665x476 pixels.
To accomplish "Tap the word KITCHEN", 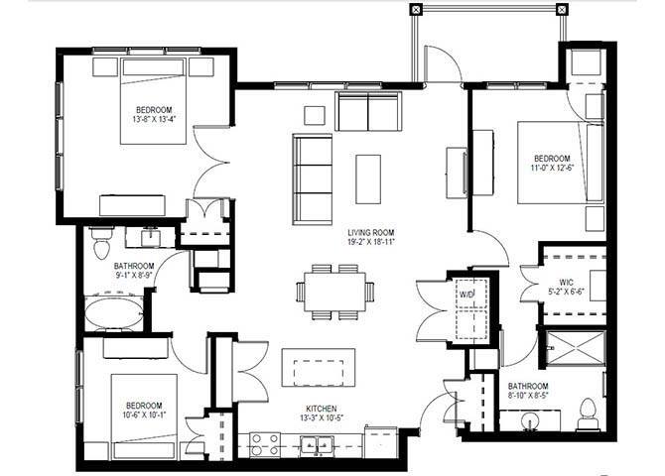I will click(324, 409).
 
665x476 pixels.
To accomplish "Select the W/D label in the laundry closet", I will click(465, 295).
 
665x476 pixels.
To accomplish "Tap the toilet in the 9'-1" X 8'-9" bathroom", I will click(99, 241).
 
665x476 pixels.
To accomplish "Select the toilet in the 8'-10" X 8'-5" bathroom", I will click(586, 412).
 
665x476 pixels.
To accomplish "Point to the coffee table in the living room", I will click(368, 176).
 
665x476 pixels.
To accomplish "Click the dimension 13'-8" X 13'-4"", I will click(155, 120).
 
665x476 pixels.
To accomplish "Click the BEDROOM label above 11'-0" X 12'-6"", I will click(552, 159).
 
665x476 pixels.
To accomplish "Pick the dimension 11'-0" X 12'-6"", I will click(552, 170).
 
